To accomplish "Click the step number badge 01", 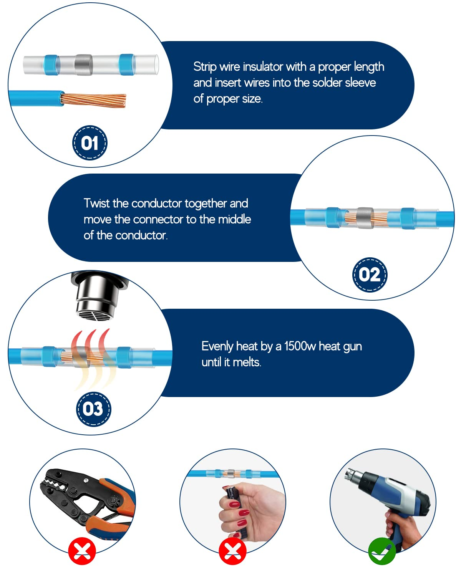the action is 90,143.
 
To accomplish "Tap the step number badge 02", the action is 370,275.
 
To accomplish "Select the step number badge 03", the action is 93,409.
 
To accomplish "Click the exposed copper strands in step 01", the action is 93,100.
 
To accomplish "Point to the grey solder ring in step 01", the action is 84,65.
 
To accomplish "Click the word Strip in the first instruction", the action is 205,67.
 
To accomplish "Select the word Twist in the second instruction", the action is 97,203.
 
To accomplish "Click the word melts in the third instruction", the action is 247,362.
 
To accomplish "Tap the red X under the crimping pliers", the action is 82,551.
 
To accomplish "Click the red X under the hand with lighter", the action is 232,551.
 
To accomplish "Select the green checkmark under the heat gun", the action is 382,551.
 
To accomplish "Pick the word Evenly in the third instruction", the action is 217,346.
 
